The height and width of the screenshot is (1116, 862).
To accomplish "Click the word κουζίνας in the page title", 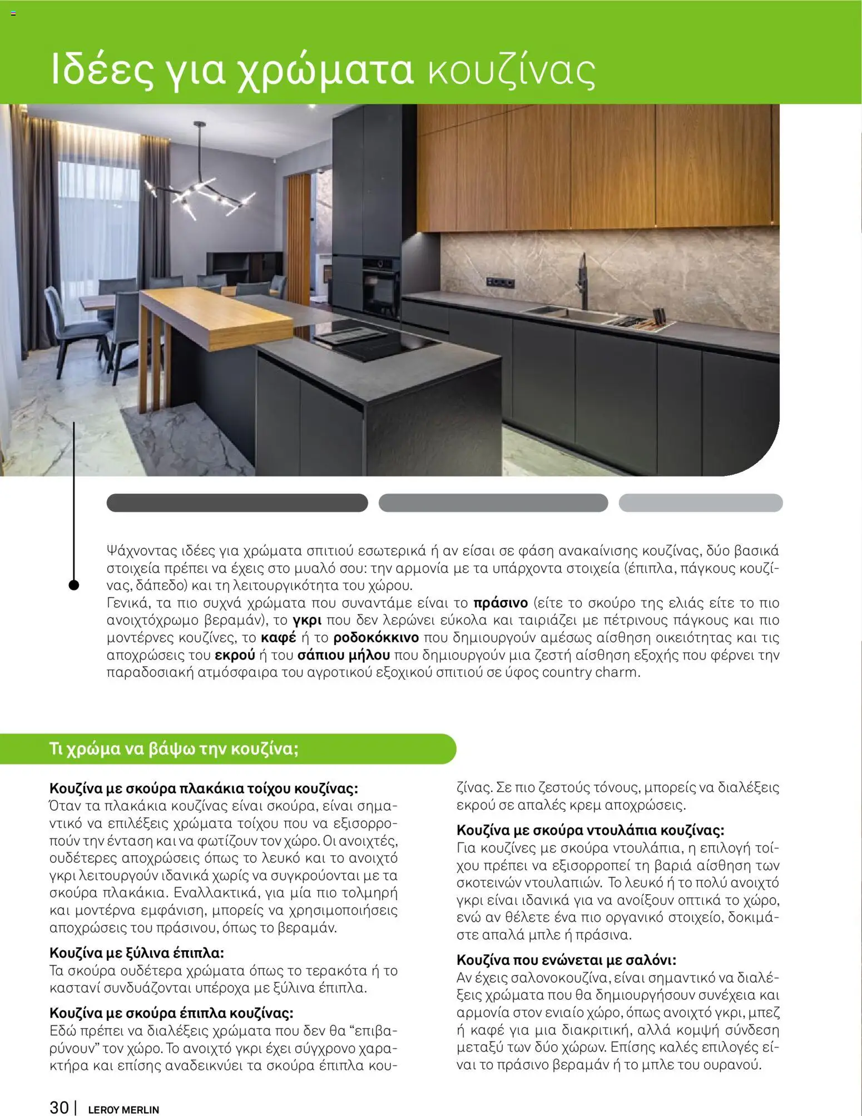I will point(511,71).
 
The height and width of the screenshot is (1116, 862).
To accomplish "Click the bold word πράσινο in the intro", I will point(500,603).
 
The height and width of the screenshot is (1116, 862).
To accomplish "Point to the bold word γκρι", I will point(307,620).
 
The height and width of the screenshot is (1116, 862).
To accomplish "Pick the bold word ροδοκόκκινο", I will point(376,637).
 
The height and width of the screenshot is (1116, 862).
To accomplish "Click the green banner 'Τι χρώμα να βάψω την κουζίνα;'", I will point(174,748).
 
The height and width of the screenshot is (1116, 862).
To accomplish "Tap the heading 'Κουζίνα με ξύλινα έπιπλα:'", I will point(137,953).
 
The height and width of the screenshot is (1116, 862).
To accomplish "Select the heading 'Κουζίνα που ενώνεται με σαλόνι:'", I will point(566,960).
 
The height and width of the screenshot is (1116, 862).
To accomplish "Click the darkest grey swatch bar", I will point(237,503).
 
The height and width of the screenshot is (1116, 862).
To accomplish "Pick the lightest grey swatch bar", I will point(700,503).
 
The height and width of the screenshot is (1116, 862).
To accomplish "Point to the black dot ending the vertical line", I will point(73,584).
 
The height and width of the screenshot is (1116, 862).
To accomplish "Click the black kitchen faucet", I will point(583,280).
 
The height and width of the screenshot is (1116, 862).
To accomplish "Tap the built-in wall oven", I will point(381,286).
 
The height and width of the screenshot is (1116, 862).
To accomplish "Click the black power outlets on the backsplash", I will point(499,282).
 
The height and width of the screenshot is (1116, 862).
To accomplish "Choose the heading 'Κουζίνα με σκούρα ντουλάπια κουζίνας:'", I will point(590,830).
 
